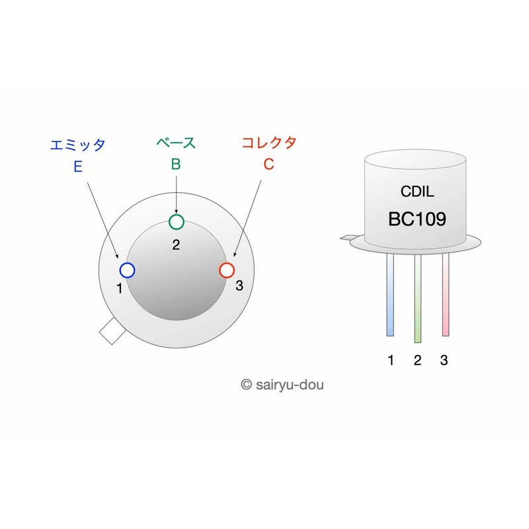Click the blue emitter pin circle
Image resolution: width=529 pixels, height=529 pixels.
pos(128,270)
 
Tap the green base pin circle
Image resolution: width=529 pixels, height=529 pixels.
pos(176,222)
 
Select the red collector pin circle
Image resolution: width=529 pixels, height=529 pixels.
pos(226,270)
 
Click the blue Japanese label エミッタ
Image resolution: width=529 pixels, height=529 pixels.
pos(78,144)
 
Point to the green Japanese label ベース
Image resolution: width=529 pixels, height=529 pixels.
pos(176,142)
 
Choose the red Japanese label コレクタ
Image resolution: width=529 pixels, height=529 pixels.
pos(268,142)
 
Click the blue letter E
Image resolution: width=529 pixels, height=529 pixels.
pos(78,167)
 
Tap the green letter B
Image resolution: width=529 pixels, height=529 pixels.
pos(176,165)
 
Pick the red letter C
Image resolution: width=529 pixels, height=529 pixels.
pos(268,165)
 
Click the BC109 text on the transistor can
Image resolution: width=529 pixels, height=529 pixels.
pos(417,220)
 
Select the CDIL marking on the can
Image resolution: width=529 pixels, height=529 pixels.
pos(417,192)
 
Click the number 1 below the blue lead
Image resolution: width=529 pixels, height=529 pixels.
pos(391,360)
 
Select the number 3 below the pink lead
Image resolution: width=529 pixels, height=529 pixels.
pos(444,360)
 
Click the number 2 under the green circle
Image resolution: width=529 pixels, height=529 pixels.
pos(176,245)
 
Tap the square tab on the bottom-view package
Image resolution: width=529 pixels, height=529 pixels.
pos(111,331)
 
